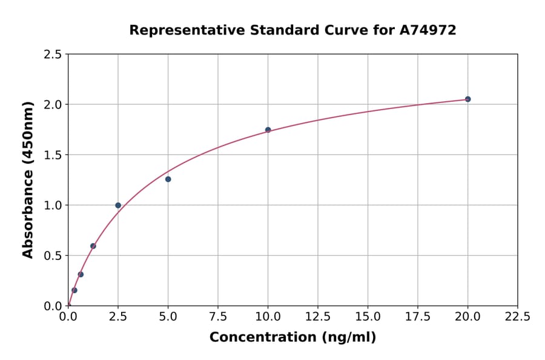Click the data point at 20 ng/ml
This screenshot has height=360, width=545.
point(467,99)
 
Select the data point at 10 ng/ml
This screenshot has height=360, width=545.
point(268,130)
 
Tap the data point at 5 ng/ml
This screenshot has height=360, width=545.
point(168,179)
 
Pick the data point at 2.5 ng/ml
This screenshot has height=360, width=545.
point(118,205)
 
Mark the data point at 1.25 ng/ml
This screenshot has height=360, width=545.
point(93,246)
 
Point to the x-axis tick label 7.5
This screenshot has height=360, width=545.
point(218,316)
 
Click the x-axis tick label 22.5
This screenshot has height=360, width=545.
point(517,316)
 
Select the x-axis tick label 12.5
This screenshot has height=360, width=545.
point(318,316)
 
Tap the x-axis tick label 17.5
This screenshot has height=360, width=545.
point(417,316)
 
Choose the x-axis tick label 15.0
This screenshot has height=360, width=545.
point(368,316)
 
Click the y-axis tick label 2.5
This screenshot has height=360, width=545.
point(53,55)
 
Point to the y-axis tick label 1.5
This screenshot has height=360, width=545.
point(53,155)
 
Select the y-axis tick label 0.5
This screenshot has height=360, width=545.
point(53,255)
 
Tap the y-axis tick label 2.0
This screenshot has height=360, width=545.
point(53,104)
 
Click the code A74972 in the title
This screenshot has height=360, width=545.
point(428,30)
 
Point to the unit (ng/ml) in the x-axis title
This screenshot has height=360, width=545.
point(349,338)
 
